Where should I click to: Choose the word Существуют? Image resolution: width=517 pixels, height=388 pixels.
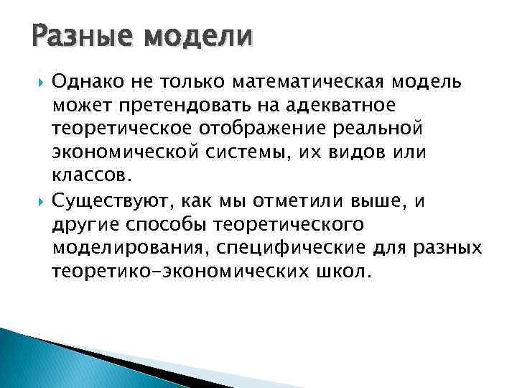click(x=108, y=201)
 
